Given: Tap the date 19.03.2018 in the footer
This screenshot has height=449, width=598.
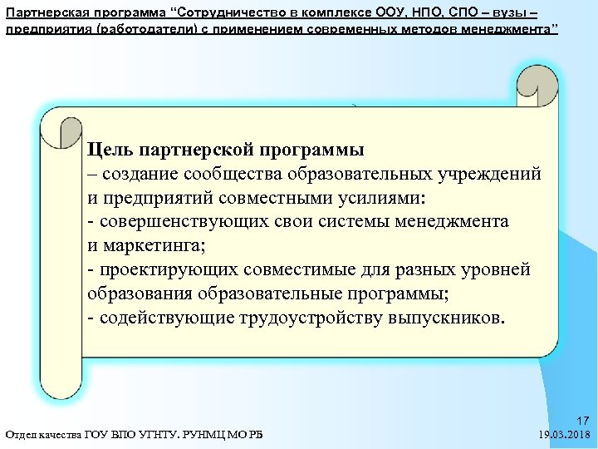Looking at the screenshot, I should [565, 435].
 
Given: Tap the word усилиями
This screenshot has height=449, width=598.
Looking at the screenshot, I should [378, 199].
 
